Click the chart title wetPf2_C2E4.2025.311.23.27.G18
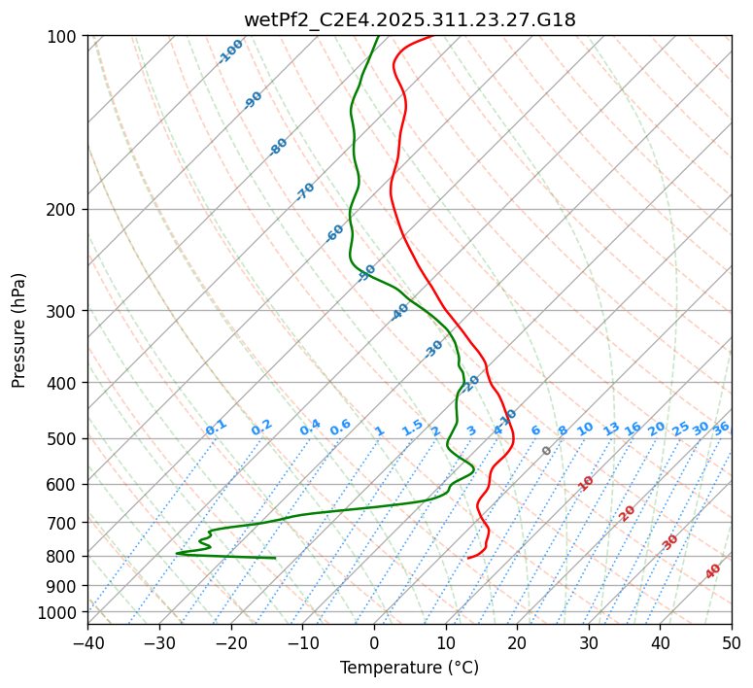click(x=409, y=19)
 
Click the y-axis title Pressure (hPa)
click(x=19, y=330)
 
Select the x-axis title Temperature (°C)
click(x=409, y=668)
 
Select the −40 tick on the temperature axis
click(x=87, y=642)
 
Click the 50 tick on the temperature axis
click(x=732, y=642)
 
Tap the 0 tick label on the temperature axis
click(x=374, y=642)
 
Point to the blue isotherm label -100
click(x=230, y=52)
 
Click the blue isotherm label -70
click(x=305, y=191)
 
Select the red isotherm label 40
click(x=713, y=571)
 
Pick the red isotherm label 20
click(x=628, y=512)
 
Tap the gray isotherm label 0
click(x=547, y=451)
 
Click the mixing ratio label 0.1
click(x=216, y=427)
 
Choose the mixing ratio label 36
click(x=721, y=428)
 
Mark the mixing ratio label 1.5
click(x=412, y=427)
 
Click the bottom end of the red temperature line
click(x=468, y=558)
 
